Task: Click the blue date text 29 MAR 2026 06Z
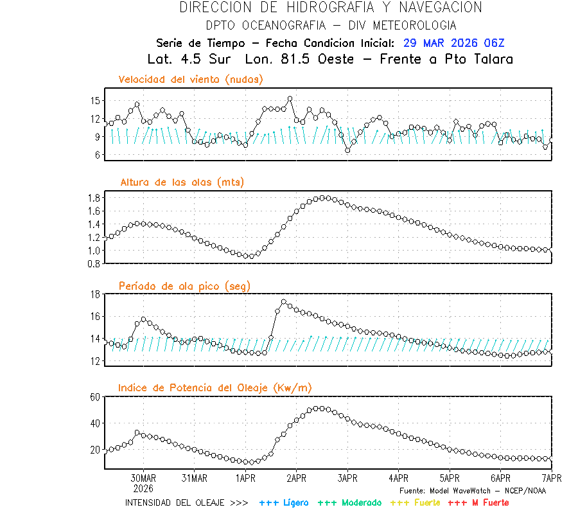coord(453,43)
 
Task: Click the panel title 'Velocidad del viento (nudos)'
coord(191,80)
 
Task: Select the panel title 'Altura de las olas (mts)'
coord(182,182)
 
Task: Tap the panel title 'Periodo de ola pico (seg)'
coord(184,286)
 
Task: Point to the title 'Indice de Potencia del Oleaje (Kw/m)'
coord(215,387)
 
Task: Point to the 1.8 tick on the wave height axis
coord(93,197)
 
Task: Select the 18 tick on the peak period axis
coord(95,294)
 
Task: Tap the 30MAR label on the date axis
coord(143,478)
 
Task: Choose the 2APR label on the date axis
coord(296,478)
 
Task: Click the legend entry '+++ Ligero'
coord(284,502)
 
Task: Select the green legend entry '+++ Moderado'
coord(349,502)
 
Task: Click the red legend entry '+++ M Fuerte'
coord(478,502)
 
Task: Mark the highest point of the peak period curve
coord(284,301)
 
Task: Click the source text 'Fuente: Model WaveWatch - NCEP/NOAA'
coord(472,490)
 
